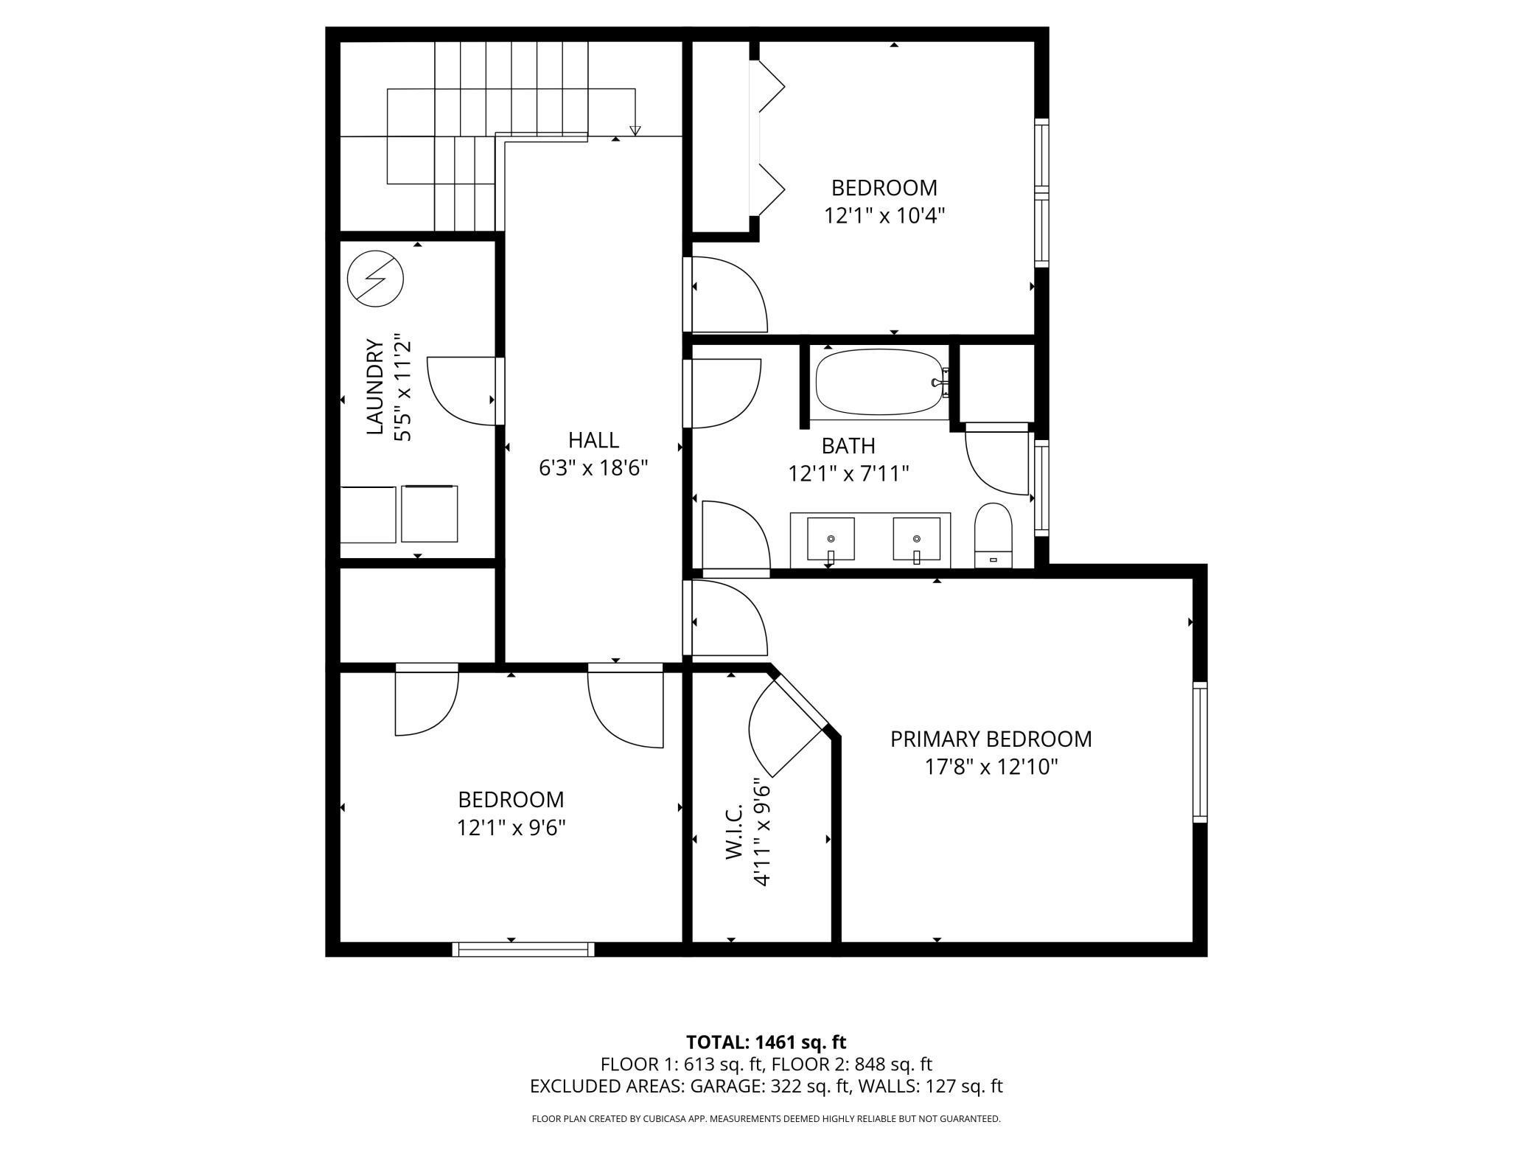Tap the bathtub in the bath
point(879,382)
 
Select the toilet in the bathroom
point(993,536)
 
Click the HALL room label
point(593,440)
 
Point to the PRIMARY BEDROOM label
point(991,739)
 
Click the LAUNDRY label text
point(375,387)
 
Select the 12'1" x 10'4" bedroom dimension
point(884,216)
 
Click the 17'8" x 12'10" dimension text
point(991,767)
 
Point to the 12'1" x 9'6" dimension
point(511,828)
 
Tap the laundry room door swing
point(461,391)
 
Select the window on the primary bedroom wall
point(1201,752)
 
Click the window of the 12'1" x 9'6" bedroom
point(523,949)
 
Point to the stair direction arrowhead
point(635,131)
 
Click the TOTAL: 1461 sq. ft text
point(766,1042)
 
